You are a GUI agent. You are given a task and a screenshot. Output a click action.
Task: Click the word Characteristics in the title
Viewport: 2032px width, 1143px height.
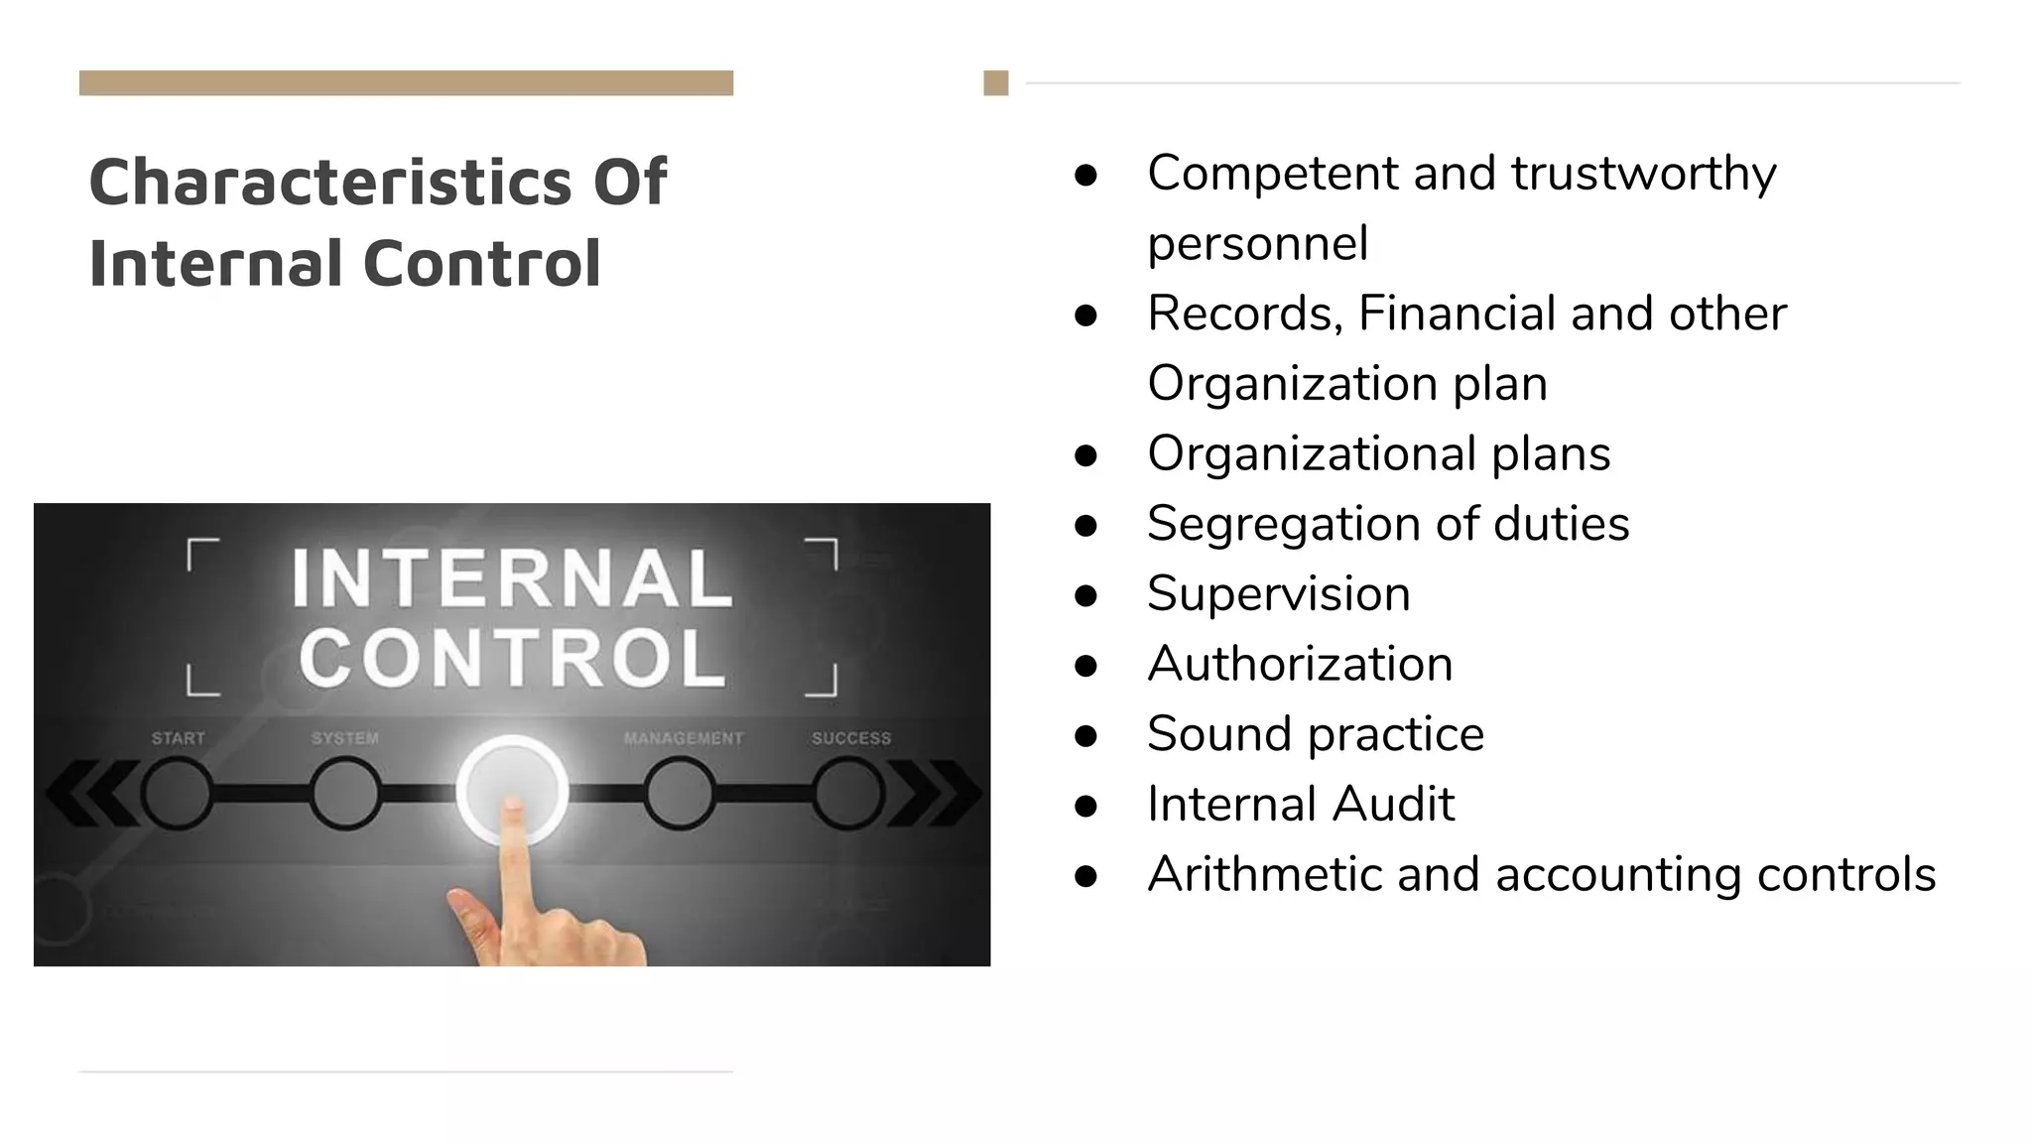point(330,182)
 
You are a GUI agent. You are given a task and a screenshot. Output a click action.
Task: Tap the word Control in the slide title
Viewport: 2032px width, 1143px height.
point(482,263)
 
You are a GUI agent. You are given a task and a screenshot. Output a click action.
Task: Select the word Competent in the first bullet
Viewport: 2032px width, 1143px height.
point(1272,174)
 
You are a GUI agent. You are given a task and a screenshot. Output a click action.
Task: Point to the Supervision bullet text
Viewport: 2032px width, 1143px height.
point(1278,594)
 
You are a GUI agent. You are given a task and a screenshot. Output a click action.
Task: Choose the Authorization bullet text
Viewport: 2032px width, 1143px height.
point(1300,664)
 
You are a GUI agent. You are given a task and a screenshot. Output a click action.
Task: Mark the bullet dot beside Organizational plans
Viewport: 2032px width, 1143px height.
point(1085,455)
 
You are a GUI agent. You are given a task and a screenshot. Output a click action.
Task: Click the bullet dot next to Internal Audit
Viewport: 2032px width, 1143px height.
point(1085,806)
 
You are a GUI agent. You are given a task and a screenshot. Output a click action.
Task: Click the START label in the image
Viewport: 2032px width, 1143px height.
point(179,738)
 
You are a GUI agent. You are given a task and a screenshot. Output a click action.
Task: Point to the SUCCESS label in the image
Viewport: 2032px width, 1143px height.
point(851,738)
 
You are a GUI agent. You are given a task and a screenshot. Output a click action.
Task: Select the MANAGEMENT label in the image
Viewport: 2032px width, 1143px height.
point(684,738)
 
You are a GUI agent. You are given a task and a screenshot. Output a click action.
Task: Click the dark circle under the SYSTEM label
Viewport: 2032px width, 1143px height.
point(344,793)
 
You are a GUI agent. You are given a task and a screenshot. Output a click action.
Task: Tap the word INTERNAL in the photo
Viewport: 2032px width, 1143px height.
point(512,578)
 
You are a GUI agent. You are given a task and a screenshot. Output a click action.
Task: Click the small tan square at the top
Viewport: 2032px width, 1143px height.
point(996,83)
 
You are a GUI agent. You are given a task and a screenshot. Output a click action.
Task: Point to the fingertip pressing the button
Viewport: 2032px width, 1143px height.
point(513,809)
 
